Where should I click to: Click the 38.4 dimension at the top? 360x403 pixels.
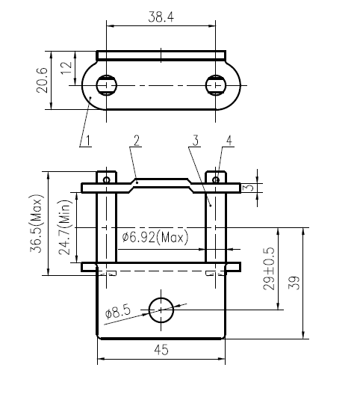click(x=161, y=16)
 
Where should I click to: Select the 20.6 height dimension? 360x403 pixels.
click(x=43, y=81)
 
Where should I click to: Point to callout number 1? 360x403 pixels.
click(x=87, y=140)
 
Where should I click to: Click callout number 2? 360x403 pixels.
click(x=137, y=141)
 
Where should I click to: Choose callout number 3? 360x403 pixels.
click(x=194, y=141)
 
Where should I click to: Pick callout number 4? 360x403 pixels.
click(x=229, y=141)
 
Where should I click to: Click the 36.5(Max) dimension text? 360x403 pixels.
click(x=35, y=224)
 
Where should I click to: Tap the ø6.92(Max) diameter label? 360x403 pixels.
click(x=155, y=237)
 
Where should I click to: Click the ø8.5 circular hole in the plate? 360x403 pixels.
click(x=161, y=309)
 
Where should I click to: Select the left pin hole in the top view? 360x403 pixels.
click(x=107, y=84)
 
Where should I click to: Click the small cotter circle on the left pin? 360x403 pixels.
click(x=108, y=179)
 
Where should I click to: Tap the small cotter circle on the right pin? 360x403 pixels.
click(x=217, y=179)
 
